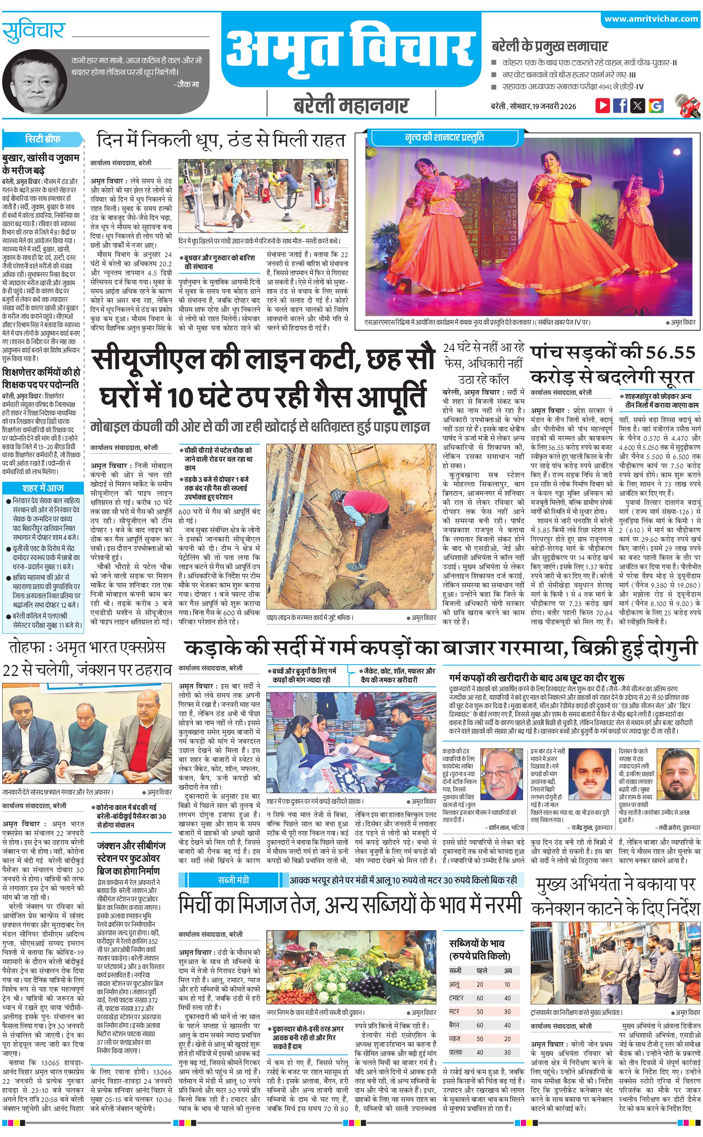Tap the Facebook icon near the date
tap(620, 105)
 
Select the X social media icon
tap(638, 105)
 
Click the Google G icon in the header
tap(656, 105)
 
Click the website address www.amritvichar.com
tap(651, 19)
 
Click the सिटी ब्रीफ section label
tap(42, 138)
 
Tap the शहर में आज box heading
tap(43, 488)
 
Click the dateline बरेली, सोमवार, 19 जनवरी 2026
tap(533, 106)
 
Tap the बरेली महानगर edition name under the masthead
tap(351, 105)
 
